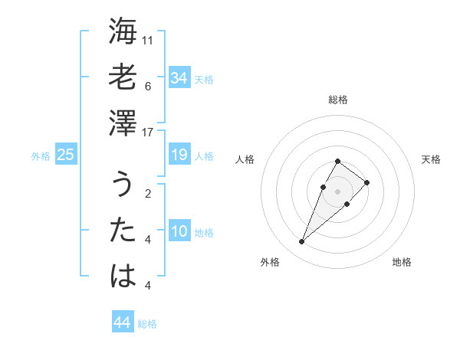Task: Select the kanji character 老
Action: pyautogui.click(x=123, y=77)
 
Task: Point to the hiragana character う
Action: pyautogui.click(x=123, y=185)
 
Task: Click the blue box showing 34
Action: pyautogui.click(x=179, y=78)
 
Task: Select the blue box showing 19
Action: pyautogui.click(x=179, y=155)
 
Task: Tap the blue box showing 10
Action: pyautogui.click(x=179, y=231)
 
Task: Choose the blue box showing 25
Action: pyautogui.click(x=66, y=155)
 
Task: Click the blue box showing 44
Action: pyautogui.click(x=122, y=322)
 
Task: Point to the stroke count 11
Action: pyautogui.click(x=148, y=39)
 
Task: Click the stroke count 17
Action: pyautogui.click(x=148, y=133)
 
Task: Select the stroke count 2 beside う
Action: pyautogui.click(x=148, y=192)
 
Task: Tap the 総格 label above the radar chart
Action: pyautogui.click(x=337, y=100)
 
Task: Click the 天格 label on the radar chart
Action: pyautogui.click(x=431, y=159)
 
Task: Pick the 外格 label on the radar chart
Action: pyautogui.click(x=270, y=262)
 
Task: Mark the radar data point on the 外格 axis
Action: pyautogui.click(x=302, y=242)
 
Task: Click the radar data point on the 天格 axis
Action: pyautogui.click(x=367, y=182)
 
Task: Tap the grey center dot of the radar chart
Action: pyautogui.click(x=337, y=191)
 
